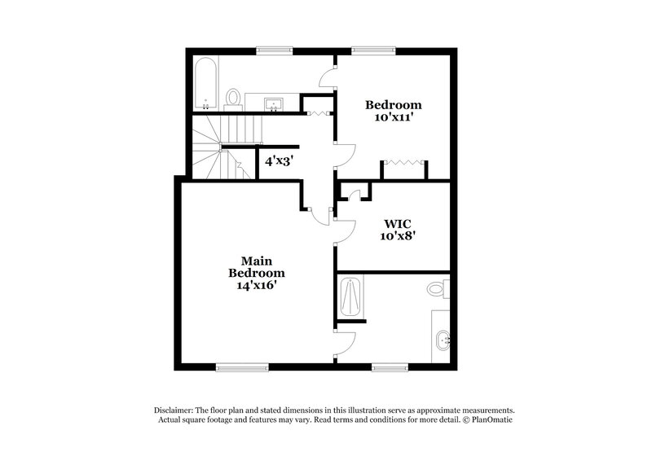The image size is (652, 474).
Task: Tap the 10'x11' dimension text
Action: pos(393,116)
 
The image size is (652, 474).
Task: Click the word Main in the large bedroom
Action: pos(256,260)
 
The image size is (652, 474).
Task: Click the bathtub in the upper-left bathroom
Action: pos(204,82)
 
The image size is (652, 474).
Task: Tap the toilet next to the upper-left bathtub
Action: pos(234,99)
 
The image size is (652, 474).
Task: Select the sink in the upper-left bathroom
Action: pos(274,103)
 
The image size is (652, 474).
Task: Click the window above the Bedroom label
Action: pos(363,50)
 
